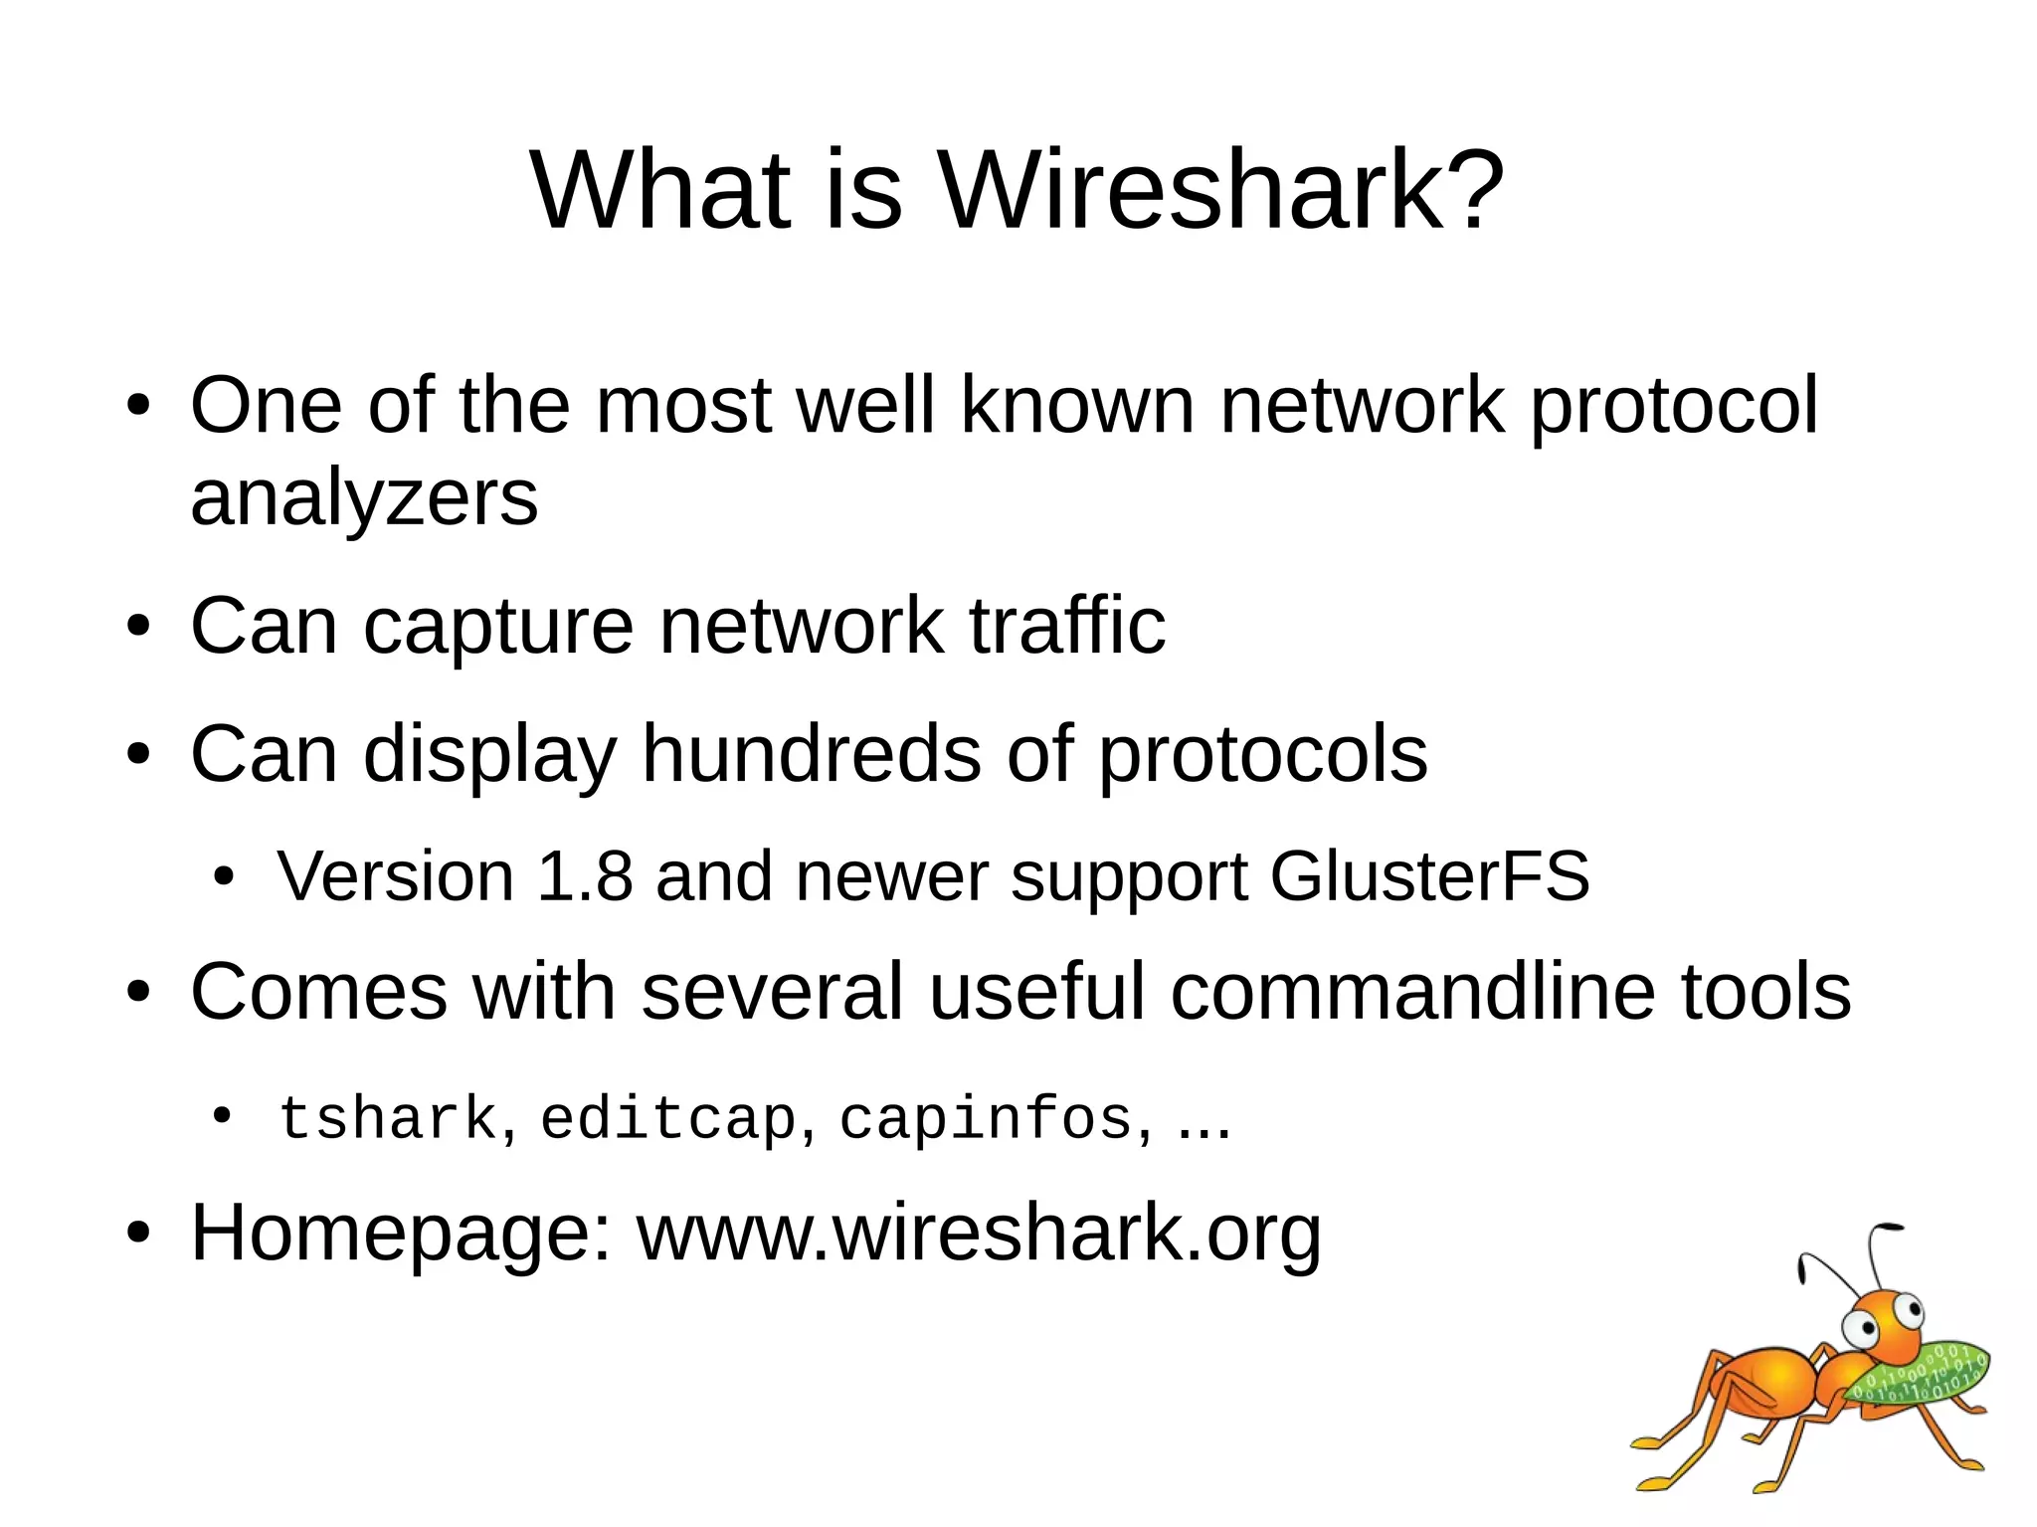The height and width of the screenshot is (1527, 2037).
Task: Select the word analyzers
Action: click(364, 497)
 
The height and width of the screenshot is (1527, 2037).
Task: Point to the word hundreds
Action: click(812, 754)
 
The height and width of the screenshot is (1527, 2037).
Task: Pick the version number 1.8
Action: click(584, 876)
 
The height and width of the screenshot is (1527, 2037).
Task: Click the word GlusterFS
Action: click(1429, 876)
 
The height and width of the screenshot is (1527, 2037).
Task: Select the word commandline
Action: click(1412, 992)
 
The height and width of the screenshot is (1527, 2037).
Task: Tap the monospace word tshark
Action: click(388, 1119)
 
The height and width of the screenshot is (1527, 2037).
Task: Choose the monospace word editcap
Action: click(668, 1119)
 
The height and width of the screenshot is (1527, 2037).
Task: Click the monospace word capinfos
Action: click(986, 1119)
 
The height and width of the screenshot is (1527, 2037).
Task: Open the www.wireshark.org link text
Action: click(979, 1234)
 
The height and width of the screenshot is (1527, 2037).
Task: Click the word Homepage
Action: click(401, 1234)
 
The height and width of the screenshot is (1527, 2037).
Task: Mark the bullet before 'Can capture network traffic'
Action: click(138, 627)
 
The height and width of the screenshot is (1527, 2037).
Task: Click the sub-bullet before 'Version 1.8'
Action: click(225, 877)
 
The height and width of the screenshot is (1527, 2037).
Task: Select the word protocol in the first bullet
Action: click(1673, 406)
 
